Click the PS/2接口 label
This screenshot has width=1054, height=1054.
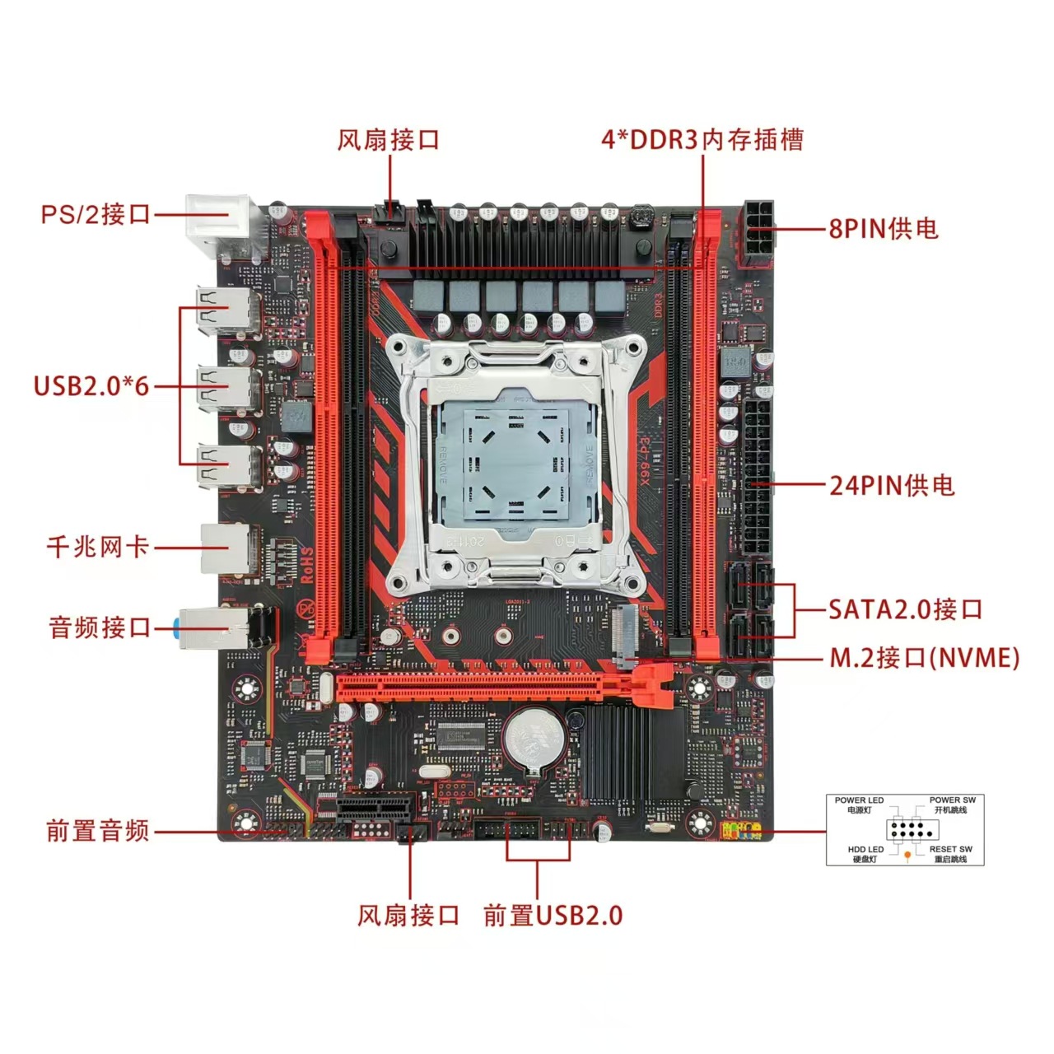(96, 214)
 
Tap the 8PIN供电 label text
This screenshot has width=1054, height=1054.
(884, 228)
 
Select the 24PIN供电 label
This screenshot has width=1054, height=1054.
(892, 485)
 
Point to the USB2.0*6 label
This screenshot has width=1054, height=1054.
(91, 385)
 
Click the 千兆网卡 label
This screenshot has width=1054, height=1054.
(98, 546)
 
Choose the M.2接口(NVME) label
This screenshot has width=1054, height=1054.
(924, 658)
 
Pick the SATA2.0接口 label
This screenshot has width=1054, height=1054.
(905, 609)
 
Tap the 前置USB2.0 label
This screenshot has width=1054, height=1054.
(553, 915)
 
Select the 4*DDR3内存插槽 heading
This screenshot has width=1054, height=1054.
(702, 139)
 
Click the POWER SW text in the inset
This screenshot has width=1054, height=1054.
(953, 800)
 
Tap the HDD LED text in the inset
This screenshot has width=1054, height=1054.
(865, 849)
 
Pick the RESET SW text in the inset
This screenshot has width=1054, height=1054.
(951, 849)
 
